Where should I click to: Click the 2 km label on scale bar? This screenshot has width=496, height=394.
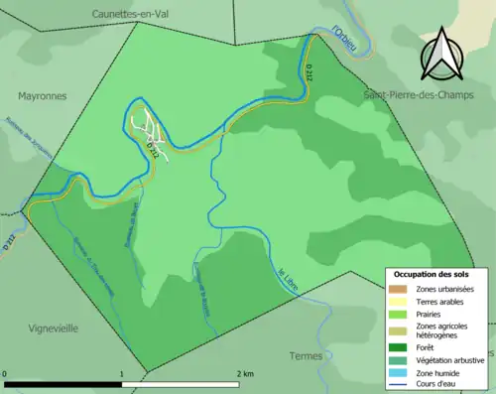click(246, 373)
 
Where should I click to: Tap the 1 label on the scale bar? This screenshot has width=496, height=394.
click(121, 373)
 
